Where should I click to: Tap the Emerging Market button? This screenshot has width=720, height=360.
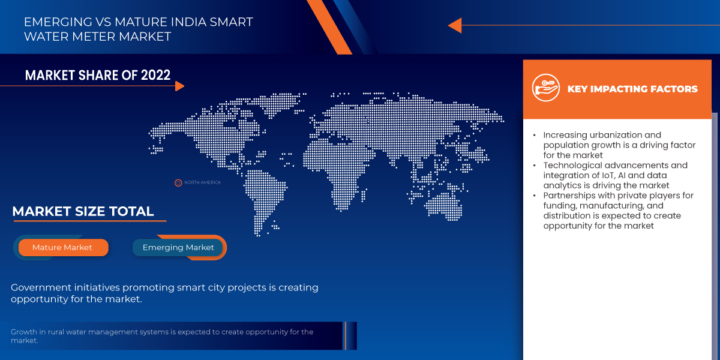point(178,247)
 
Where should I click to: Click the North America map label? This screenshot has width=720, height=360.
point(203,182)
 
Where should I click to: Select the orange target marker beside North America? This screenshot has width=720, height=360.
point(178,183)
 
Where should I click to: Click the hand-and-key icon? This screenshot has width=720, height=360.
point(545,88)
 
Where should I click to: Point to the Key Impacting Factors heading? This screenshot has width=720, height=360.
point(632,89)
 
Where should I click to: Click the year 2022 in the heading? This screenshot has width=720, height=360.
point(155,75)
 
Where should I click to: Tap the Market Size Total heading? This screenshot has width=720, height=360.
point(83,211)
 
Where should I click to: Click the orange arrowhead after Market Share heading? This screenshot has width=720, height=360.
point(179,86)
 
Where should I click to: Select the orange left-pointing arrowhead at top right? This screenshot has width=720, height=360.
point(455,25)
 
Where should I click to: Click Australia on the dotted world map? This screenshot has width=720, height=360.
point(445,206)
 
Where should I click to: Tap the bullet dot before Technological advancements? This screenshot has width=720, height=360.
point(534,166)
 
